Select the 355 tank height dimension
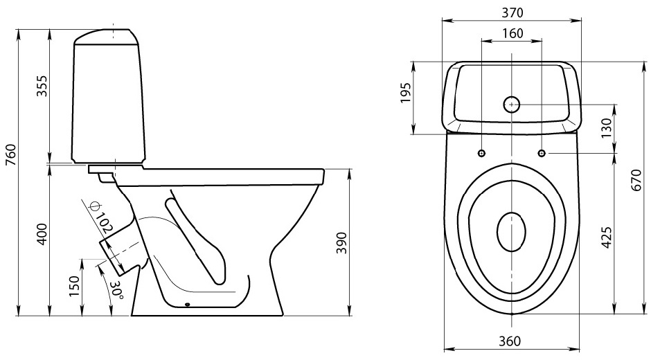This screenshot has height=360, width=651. (x=42, y=87)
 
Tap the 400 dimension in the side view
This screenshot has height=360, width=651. (x=42, y=235)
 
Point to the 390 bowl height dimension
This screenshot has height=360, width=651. (x=341, y=243)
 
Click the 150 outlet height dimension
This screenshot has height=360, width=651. (x=73, y=287)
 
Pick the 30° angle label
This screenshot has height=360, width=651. (x=116, y=290)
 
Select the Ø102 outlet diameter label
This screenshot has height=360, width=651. (x=100, y=217)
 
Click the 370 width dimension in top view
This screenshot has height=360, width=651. (x=512, y=13)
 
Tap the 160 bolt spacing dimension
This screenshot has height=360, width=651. (x=512, y=33)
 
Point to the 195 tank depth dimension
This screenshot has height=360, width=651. (x=406, y=93)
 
